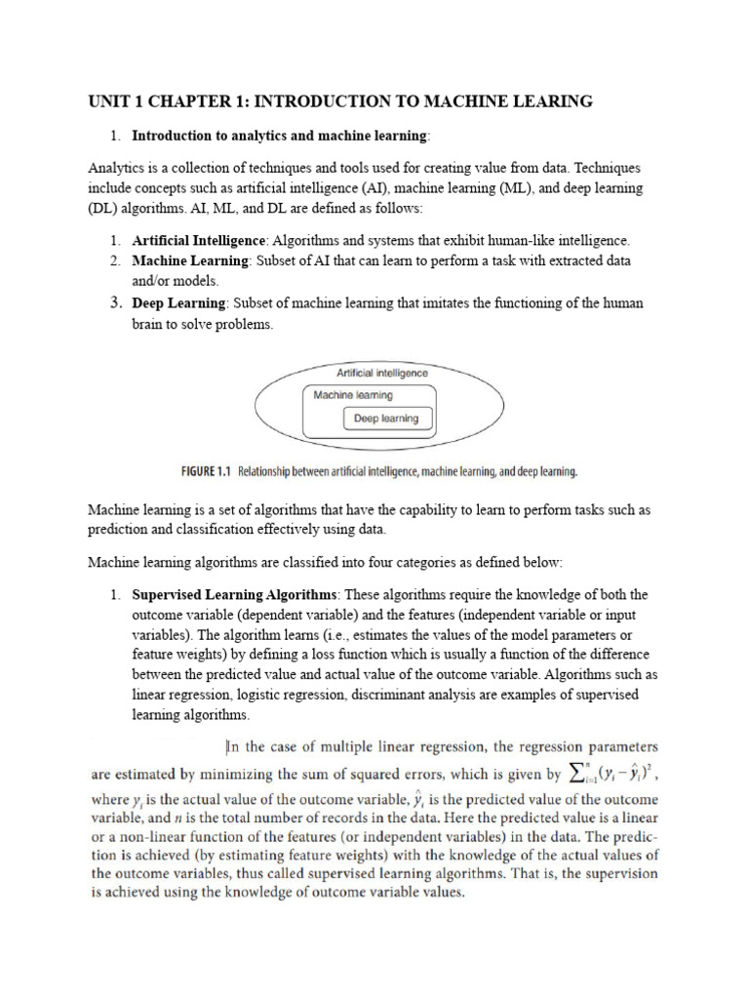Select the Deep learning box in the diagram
coord(385,419)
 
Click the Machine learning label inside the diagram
coord(353,395)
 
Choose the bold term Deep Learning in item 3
coord(178,303)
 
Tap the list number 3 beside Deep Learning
coord(114,303)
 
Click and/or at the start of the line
coord(153,282)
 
